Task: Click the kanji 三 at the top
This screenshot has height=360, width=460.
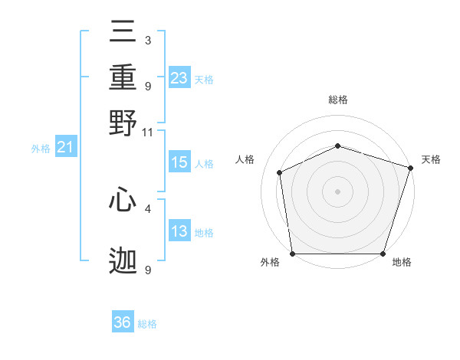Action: coord(123,31)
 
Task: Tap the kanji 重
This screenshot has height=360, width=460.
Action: coord(123,77)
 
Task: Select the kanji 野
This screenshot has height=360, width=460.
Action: coord(123,123)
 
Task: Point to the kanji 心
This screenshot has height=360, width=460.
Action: coord(123,199)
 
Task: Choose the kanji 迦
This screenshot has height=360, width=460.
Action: coord(123,260)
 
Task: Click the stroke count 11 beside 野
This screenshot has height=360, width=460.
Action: coord(147,133)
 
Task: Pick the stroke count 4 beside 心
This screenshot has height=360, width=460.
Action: coord(148,209)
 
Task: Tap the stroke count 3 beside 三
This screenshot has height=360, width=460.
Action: coord(148,40)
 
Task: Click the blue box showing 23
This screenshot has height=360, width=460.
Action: coord(179,77)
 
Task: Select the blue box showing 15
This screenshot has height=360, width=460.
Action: coord(179,162)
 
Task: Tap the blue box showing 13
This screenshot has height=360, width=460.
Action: coord(179,230)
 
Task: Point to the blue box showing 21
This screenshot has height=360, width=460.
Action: coord(66,146)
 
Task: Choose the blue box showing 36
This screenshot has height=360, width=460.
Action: coord(123,321)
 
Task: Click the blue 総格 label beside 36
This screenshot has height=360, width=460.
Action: coord(147,324)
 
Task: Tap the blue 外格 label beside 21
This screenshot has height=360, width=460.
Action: coord(41,149)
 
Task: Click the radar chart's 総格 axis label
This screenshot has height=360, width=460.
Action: coord(338,100)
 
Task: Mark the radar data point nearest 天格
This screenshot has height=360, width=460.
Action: coord(410,168)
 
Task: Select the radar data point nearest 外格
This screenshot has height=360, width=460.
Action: coord(293,254)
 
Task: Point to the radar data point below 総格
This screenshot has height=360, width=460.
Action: coord(337,146)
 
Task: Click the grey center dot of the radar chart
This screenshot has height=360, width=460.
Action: coord(337,191)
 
